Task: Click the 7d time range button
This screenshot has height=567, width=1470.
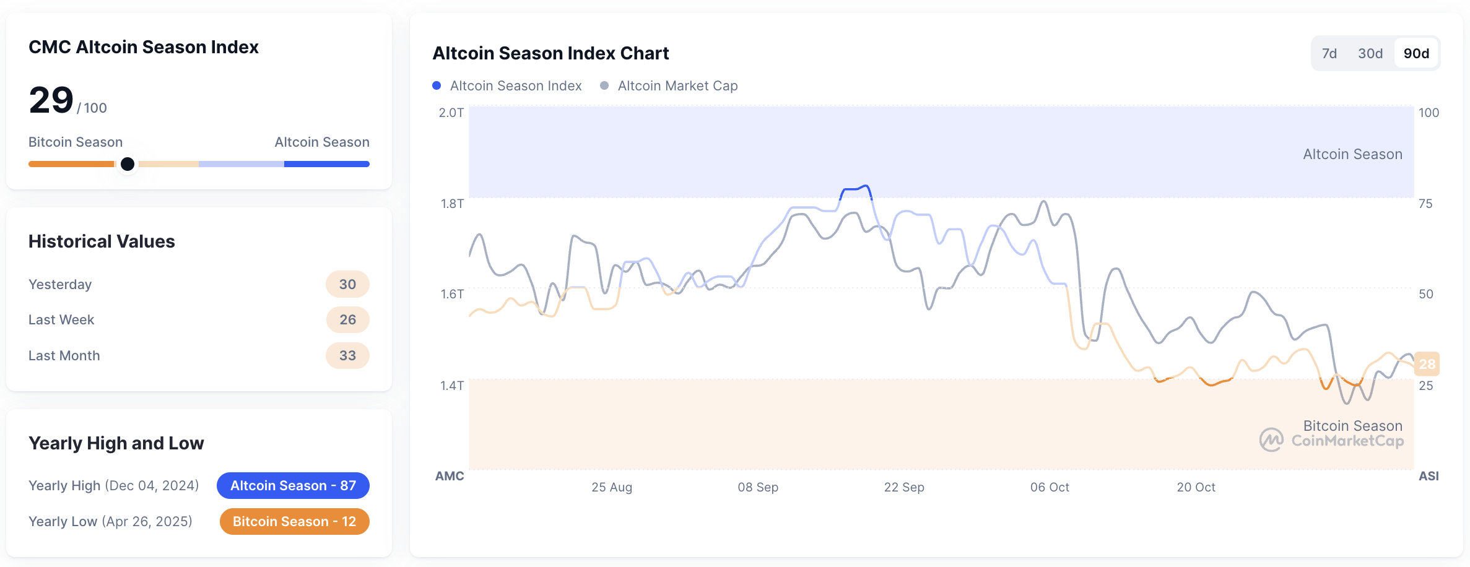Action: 1329,54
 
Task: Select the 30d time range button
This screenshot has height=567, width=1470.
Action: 1370,54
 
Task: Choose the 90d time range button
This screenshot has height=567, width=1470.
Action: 1416,54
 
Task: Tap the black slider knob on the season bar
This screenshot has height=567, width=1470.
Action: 128,164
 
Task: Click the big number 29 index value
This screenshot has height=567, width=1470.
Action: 51,100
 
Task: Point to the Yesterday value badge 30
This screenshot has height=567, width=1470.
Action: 347,284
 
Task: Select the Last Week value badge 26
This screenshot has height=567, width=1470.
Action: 347,319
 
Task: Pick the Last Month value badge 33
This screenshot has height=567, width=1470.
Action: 347,355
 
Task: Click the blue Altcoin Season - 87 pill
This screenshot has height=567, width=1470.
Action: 293,485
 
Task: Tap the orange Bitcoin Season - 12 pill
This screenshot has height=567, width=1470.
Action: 294,521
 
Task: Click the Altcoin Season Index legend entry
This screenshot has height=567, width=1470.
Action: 507,86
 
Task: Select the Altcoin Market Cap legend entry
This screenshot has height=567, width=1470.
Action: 669,86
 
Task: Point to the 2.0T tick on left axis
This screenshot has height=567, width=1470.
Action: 451,113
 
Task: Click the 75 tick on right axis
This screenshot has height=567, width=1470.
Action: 1425,204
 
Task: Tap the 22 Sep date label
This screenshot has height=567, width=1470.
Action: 903,487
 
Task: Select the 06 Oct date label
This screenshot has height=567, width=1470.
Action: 1050,487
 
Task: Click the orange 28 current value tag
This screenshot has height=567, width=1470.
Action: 1427,364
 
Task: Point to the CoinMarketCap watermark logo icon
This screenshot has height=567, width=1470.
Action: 1271,440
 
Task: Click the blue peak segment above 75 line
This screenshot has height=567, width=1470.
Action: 856,188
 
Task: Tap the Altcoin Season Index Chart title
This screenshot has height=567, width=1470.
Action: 550,53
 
